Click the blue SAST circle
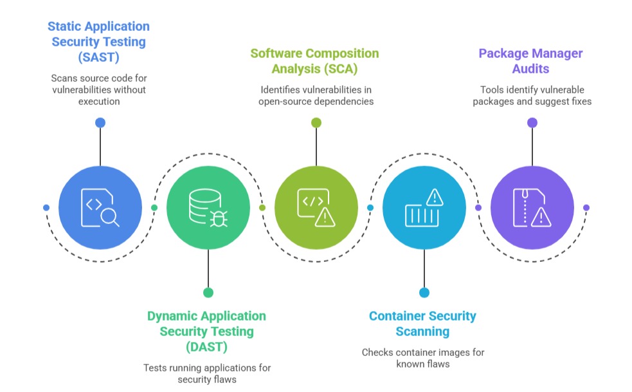tap(100, 207)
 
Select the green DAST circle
tap(208, 207)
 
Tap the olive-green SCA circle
tap(316, 207)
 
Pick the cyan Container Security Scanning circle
tap(424, 207)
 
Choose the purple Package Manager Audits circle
tap(532, 207)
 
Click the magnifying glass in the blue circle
tap(110, 217)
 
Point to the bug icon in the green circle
tap(217, 218)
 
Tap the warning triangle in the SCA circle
tap(325, 217)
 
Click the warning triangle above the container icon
tap(435, 196)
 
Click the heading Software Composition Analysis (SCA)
tap(314, 61)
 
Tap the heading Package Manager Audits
tap(532, 61)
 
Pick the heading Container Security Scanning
tap(422, 324)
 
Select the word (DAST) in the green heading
tap(206, 346)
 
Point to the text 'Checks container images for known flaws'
tap(422, 358)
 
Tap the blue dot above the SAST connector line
tap(100, 122)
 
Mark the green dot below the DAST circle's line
tap(208, 292)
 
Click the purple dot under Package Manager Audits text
tap(532, 122)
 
